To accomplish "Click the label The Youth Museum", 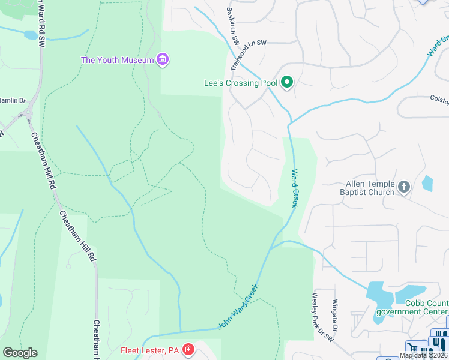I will (x=117, y=60).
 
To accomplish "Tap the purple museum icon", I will (x=163, y=59).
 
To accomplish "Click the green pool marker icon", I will (x=287, y=83).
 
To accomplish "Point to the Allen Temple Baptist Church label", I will (x=370, y=188).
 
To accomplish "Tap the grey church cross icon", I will (x=404, y=187).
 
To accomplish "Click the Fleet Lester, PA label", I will (x=150, y=350).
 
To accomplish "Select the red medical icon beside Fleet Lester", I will (x=188, y=349).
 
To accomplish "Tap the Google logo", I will (x=20, y=353).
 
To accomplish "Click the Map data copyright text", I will (x=424, y=355).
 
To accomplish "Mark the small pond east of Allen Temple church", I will (x=427, y=182).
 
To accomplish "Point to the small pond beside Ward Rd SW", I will (x=30, y=35).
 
